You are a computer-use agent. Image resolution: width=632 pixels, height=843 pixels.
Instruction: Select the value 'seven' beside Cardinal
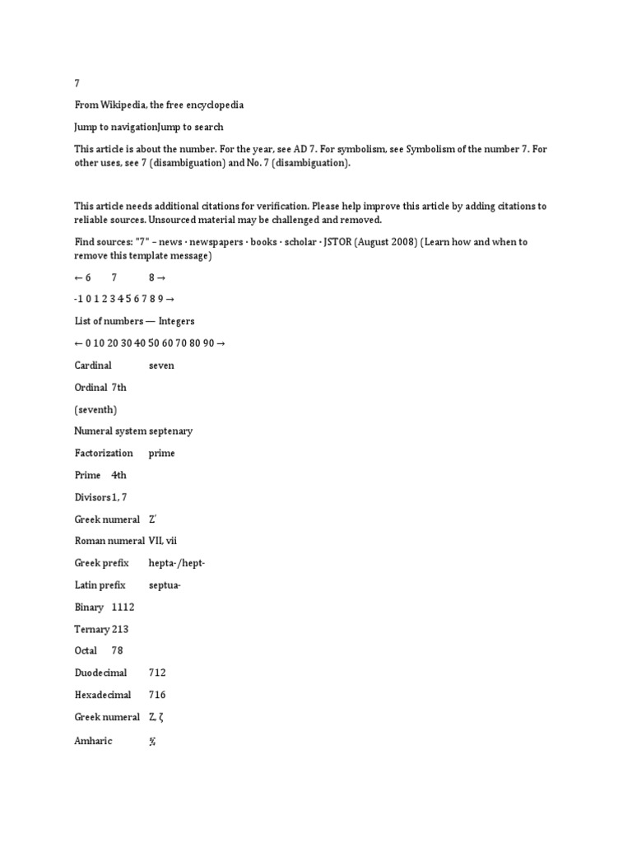point(161,365)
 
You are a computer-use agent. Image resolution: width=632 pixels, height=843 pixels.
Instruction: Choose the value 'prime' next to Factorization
point(161,453)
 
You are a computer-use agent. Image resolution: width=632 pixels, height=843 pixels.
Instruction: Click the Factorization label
point(103,453)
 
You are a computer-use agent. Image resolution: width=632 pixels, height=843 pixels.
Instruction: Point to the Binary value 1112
point(123,607)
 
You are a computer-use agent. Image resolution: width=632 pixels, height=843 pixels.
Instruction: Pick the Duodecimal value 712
point(157,673)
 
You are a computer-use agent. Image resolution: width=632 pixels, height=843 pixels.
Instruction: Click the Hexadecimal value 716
point(157,695)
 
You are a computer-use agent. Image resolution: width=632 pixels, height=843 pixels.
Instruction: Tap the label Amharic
point(93,741)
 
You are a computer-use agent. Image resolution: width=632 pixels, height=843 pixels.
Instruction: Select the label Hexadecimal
point(102,695)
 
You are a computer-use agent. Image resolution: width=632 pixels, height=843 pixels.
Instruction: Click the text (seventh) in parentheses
point(95,409)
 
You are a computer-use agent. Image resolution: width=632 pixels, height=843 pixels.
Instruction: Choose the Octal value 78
point(118,650)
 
